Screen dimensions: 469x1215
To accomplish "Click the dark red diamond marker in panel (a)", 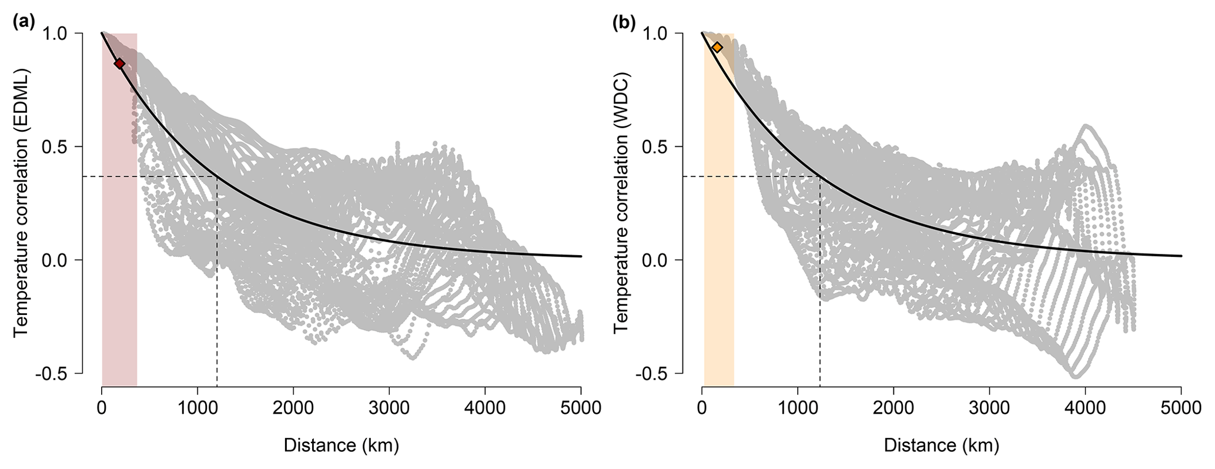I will (119, 63).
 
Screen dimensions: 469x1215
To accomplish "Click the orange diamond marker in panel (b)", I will (717, 48).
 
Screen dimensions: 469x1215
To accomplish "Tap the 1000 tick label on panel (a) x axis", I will (198, 407).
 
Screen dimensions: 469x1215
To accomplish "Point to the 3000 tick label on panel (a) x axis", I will (389, 407).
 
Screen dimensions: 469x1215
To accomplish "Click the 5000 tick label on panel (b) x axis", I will (1181, 407).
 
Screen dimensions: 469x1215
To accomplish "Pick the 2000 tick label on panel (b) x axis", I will (893, 407).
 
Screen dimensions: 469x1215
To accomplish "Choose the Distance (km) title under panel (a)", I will (342, 445).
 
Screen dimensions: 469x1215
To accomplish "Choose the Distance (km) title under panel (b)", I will (942, 445).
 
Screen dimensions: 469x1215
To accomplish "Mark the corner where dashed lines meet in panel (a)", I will (217, 176).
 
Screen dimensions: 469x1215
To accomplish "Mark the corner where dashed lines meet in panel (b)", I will (819, 176).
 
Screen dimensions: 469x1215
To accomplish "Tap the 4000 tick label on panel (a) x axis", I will (485, 407).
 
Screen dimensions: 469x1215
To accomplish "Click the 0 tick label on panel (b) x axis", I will (702, 407).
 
